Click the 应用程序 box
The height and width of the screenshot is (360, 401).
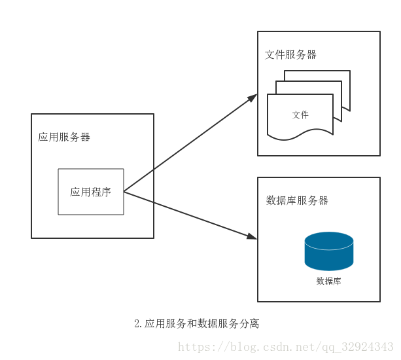coord(91,191)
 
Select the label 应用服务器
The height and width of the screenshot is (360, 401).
coord(64,137)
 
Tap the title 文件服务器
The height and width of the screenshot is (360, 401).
coord(290,55)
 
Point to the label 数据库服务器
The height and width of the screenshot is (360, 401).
coord(297,200)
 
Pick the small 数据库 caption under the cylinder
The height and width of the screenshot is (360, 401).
coord(328,281)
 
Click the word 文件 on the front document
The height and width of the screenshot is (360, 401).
coord(300,115)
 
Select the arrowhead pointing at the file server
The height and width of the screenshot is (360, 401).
coord(253,97)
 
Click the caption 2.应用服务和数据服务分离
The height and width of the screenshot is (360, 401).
coord(196,324)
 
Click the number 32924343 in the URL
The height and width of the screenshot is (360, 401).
coord(368,347)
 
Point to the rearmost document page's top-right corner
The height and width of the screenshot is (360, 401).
coord(349,72)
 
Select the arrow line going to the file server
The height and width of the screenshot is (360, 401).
coord(190,144)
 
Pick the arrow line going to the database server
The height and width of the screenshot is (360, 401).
coord(190,214)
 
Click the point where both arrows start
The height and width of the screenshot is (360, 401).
coord(124,192)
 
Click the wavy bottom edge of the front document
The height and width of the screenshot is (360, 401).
coord(301,135)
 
